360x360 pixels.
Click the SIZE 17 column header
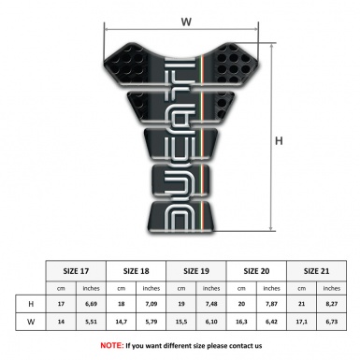pos(77,268)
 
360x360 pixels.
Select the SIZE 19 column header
pos(196,268)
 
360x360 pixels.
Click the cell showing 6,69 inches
pos(93,304)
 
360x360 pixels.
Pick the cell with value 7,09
pos(152,304)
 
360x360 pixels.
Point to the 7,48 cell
pos(212,304)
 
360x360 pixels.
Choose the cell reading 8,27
pos(331,304)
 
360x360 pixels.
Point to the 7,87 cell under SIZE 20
pos(271,304)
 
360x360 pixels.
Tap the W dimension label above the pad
pos(185,18)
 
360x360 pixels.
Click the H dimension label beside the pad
pos(278,141)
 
